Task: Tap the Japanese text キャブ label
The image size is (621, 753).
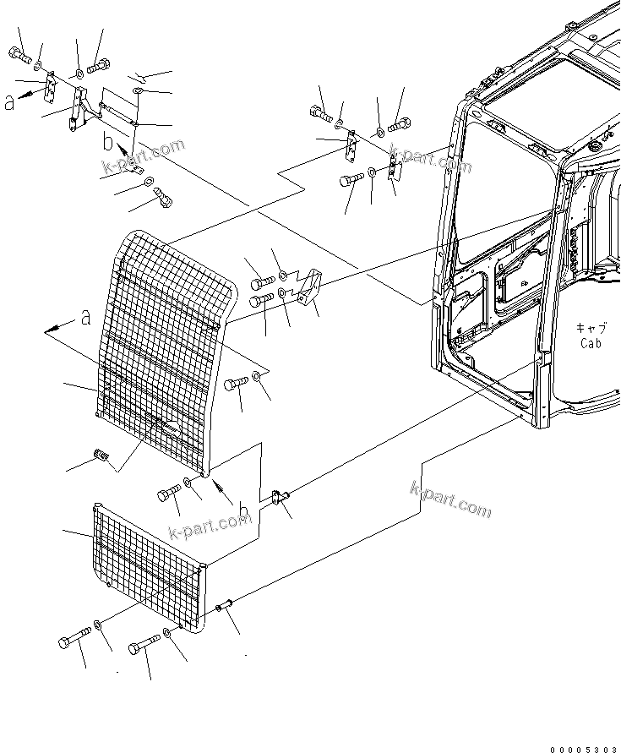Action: (589, 328)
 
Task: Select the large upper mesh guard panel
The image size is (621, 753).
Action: (165, 346)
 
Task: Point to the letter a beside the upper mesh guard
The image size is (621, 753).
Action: (84, 318)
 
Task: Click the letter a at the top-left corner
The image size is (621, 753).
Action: (9, 102)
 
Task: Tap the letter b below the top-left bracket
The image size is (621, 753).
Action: (108, 138)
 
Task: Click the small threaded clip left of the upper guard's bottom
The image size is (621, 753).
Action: (102, 456)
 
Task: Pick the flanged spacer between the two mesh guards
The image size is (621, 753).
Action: (280, 499)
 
